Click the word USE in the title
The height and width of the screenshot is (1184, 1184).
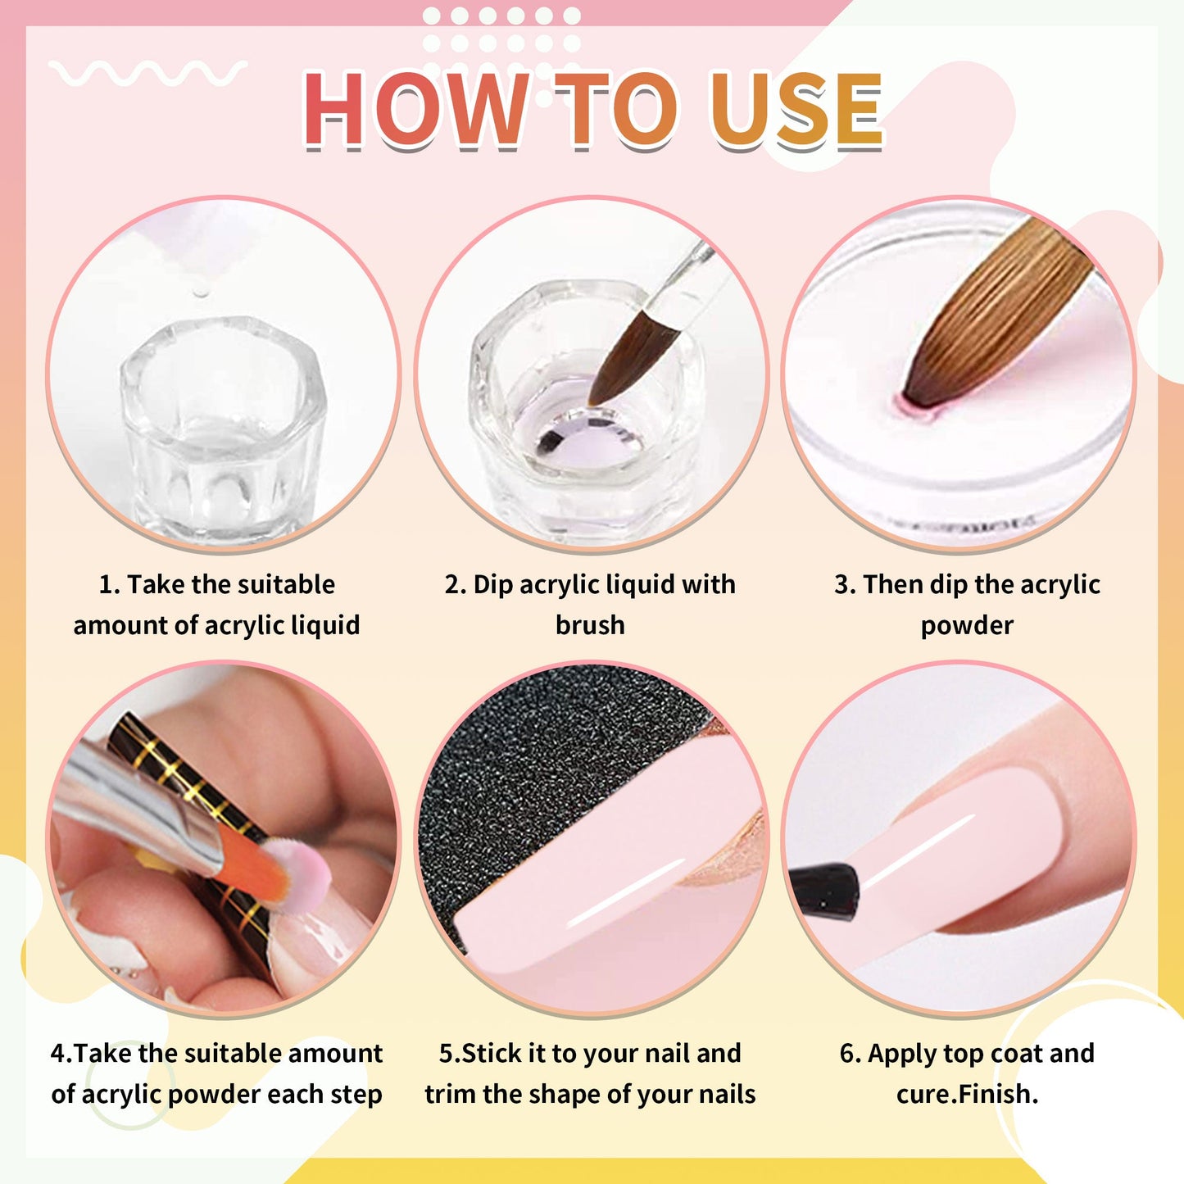[x=796, y=109]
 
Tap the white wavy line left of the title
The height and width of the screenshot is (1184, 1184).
[x=147, y=73]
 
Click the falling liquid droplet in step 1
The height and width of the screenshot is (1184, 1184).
[x=199, y=292]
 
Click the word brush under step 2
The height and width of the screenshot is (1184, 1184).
[x=590, y=625]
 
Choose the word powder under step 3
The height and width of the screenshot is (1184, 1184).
[x=967, y=625]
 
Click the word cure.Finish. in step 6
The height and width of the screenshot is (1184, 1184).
[x=967, y=1094]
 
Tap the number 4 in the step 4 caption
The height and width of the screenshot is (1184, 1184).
[x=57, y=1053]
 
